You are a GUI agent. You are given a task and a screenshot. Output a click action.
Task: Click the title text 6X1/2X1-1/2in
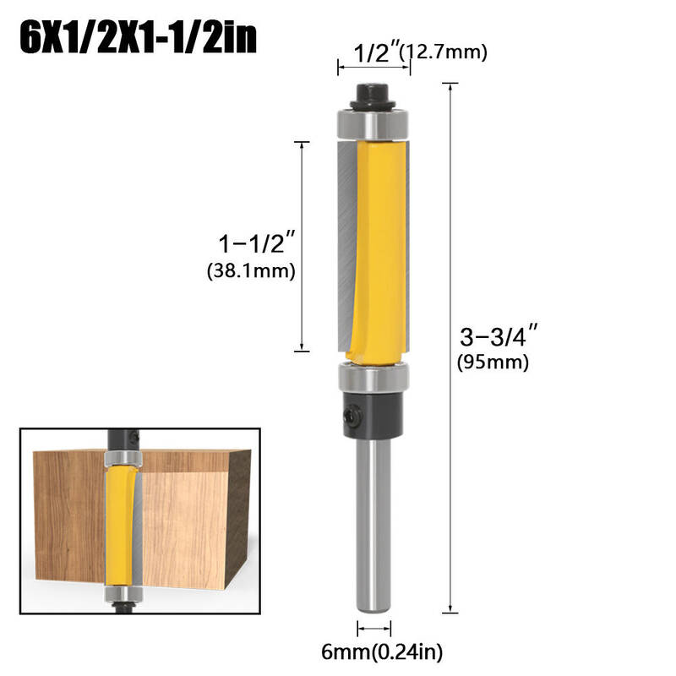tap(138, 37)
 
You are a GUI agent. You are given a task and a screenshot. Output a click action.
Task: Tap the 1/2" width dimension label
tap(377, 52)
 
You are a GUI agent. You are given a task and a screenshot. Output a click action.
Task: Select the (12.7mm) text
tap(443, 52)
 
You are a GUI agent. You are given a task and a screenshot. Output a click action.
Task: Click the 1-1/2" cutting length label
tap(258, 243)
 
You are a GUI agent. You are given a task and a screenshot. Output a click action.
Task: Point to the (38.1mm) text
tap(251, 270)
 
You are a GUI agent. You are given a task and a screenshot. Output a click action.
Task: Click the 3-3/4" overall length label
tap(499, 335)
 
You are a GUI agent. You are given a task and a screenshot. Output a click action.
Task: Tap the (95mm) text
tap(493, 362)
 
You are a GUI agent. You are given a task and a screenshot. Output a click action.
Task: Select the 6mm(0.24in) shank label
tap(382, 651)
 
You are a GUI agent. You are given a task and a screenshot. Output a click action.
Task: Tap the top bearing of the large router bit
tap(373, 125)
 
